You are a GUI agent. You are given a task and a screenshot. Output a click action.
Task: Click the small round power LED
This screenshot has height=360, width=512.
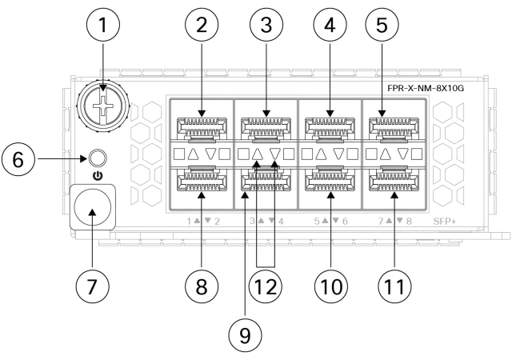tap(98, 158)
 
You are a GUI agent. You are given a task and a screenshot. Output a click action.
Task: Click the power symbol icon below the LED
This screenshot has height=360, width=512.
tap(97, 174)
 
